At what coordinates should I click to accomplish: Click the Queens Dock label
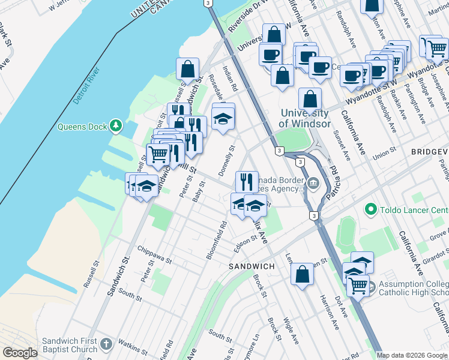tap(82, 127)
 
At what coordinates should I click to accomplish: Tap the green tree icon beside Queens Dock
tap(115, 127)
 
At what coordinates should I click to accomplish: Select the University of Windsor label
tap(305, 118)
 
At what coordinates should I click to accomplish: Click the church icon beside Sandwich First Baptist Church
tap(106, 344)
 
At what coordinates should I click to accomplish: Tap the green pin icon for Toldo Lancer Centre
tap(371, 210)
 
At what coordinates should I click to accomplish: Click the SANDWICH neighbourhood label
tap(252, 266)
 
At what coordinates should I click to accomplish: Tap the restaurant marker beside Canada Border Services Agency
tap(247, 181)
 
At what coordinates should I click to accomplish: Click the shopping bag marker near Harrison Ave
tap(302, 274)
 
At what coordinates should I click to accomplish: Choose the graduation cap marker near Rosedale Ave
tap(223, 117)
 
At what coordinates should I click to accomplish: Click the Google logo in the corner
tap(20, 353)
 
